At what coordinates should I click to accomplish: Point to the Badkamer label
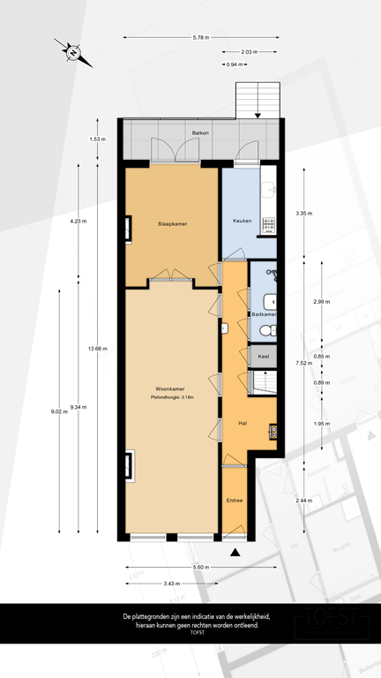click(264, 314)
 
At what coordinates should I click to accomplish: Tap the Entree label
click(235, 501)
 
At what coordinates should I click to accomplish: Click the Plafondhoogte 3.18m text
click(171, 398)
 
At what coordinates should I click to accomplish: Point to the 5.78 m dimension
click(201, 37)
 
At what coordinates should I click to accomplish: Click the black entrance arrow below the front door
click(235, 553)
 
